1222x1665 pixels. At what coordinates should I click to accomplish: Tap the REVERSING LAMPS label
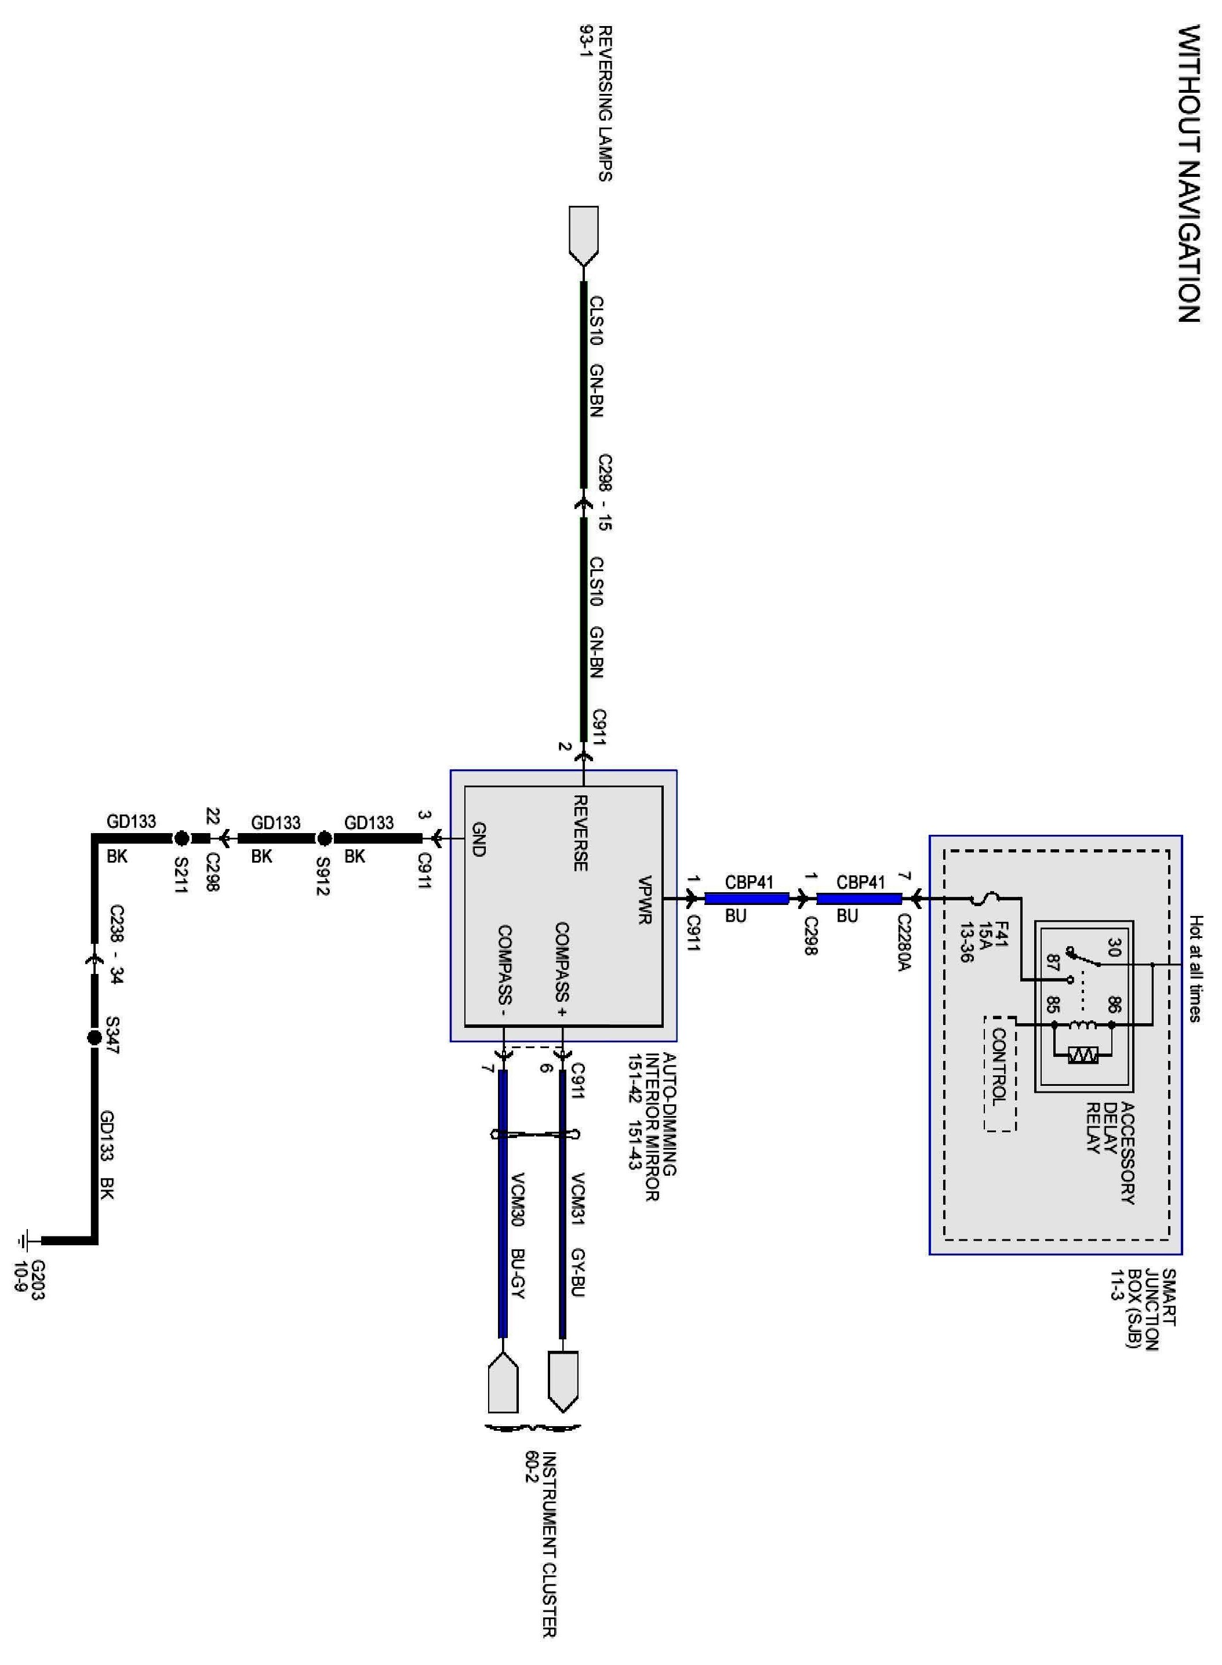point(605,104)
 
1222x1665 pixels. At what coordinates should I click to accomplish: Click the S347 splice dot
point(94,1038)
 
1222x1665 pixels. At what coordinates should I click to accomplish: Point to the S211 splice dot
point(180,838)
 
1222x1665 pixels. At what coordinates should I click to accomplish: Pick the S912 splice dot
point(324,838)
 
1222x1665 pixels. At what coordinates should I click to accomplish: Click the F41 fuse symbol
point(986,899)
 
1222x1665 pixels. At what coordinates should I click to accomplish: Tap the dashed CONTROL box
point(1000,1073)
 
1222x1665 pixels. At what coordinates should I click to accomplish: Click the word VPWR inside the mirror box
point(644,900)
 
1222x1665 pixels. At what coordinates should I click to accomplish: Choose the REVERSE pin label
point(581,833)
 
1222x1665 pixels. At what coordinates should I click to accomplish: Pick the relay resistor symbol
point(1083,1057)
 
